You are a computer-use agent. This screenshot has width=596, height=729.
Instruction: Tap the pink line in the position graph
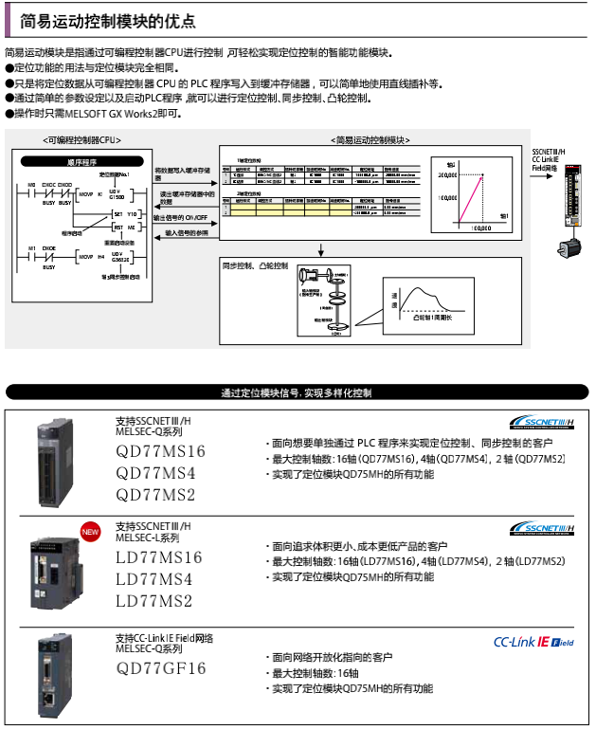point(472,197)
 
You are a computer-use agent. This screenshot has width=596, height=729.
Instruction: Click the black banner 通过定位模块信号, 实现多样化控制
point(297,392)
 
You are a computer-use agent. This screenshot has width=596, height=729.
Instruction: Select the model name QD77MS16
point(160,451)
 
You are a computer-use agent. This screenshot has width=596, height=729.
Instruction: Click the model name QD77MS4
point(155,473)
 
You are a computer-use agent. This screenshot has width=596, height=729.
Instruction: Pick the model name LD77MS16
point(159,557)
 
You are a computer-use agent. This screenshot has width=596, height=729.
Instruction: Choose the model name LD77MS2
point(154,601)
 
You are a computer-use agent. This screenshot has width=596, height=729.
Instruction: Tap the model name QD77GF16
point(160,668)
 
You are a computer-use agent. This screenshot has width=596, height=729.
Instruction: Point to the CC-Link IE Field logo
point(533,642)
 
